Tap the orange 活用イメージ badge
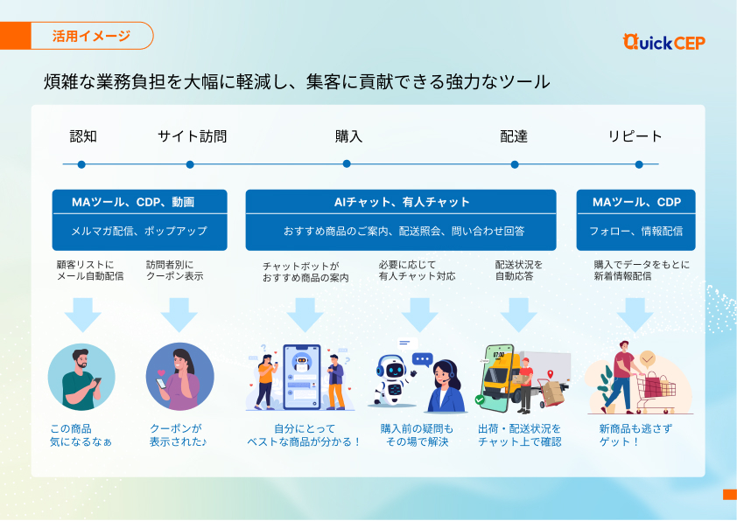(91, 36)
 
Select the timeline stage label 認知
(83, 136)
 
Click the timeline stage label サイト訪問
(192, 136)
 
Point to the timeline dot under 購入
(347, 163)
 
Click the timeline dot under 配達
(515, 163)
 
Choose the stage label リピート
(635, 136)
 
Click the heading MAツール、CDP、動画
(139, 203)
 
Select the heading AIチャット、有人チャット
(402, 203)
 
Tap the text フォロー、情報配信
(635, 232)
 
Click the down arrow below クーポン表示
(179, 314)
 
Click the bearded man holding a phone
(81, 377)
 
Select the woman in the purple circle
(179, 377)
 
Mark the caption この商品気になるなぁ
(81, 435)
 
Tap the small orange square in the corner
(729, 495)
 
